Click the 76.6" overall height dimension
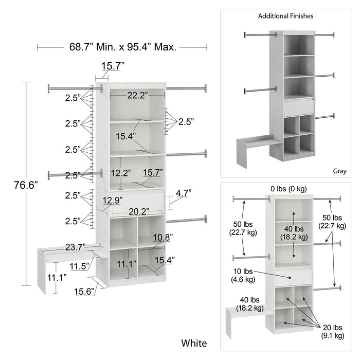26,186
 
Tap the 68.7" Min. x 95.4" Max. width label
123,47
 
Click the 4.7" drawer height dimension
183,193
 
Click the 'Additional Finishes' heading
285,16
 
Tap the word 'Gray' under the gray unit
339,171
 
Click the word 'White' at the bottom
194,343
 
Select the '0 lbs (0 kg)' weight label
289,188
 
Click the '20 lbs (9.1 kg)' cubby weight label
333,331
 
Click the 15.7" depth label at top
112,65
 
